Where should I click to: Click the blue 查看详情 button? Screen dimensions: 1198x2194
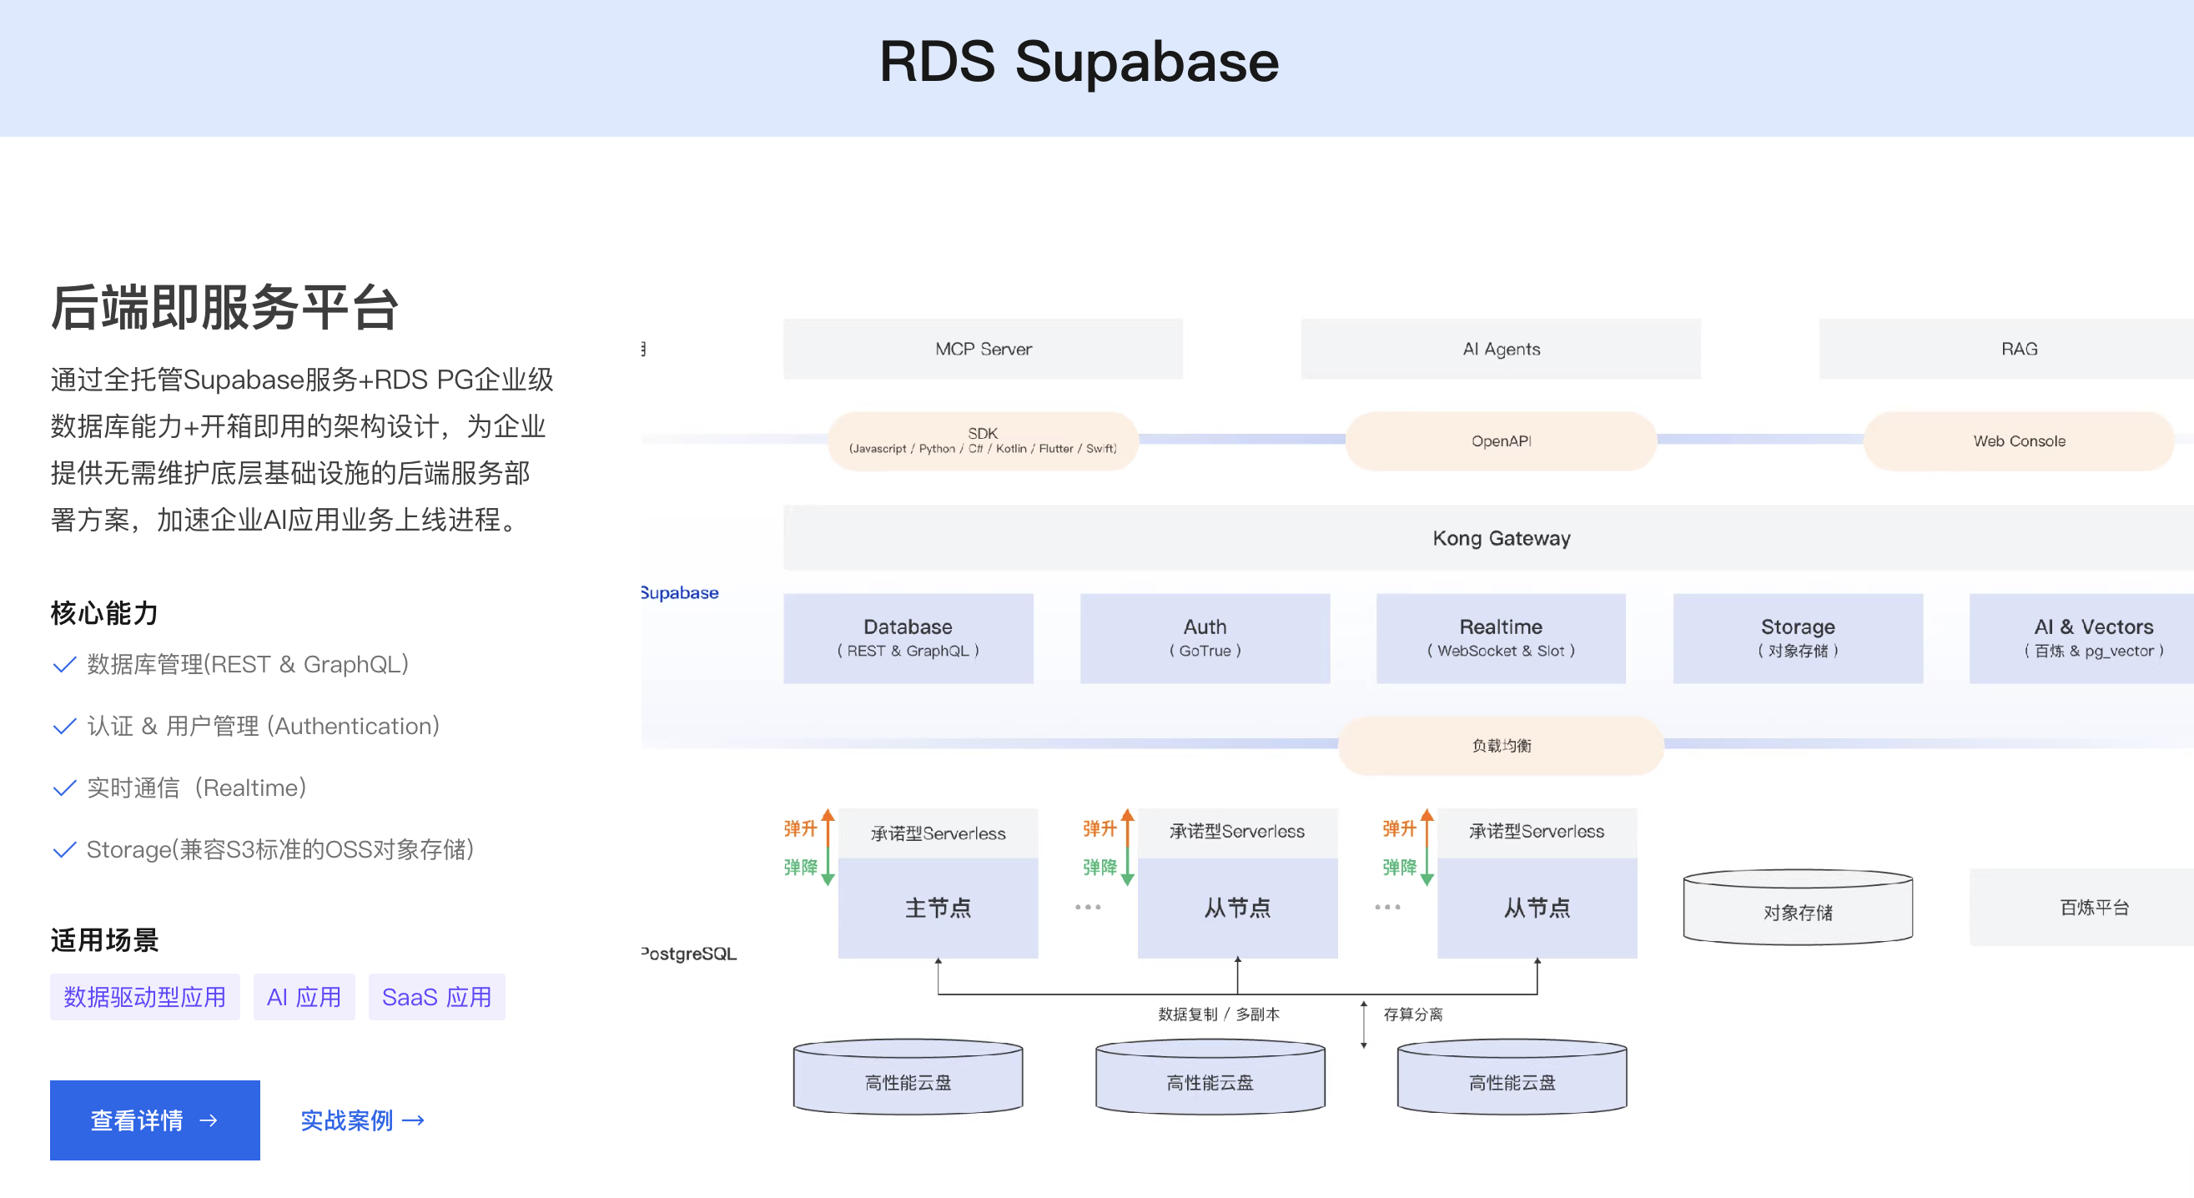[x=154, y=1120]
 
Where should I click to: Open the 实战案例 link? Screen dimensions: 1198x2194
[x=362, y=1120]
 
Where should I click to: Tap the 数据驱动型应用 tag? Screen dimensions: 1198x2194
[x=145, y=996]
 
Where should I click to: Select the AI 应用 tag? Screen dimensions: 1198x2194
[x=304, y=996]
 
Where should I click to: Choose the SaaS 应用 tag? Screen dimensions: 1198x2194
[x=436, y=996]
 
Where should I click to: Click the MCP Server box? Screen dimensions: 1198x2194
[x=983, y=349]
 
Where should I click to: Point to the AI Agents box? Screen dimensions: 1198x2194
[x=1501, y=349]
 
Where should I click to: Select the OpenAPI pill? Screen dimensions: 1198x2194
[x=1501, y=441]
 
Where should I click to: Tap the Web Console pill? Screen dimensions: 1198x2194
[x=2019, y=441]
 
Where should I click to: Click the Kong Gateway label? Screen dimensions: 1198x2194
[x=1501, y=538]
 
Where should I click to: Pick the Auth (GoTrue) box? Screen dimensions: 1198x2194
[x=1205, y=637]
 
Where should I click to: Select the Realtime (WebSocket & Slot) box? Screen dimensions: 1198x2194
[x=1501, y=637]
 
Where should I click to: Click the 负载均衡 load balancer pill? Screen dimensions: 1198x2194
[x=1501, y=745]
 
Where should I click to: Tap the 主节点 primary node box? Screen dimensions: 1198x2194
[x=938, y=908]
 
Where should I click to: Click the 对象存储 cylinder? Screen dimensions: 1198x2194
[x=1797, y=911]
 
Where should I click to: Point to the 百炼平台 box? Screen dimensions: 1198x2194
[x=2094, y=908]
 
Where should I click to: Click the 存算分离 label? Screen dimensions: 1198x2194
[x=1412, y=1014]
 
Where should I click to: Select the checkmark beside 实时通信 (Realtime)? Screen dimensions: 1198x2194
[x=64, y=788]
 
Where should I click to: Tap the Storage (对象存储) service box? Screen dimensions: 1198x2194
[x=1797, y=637]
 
